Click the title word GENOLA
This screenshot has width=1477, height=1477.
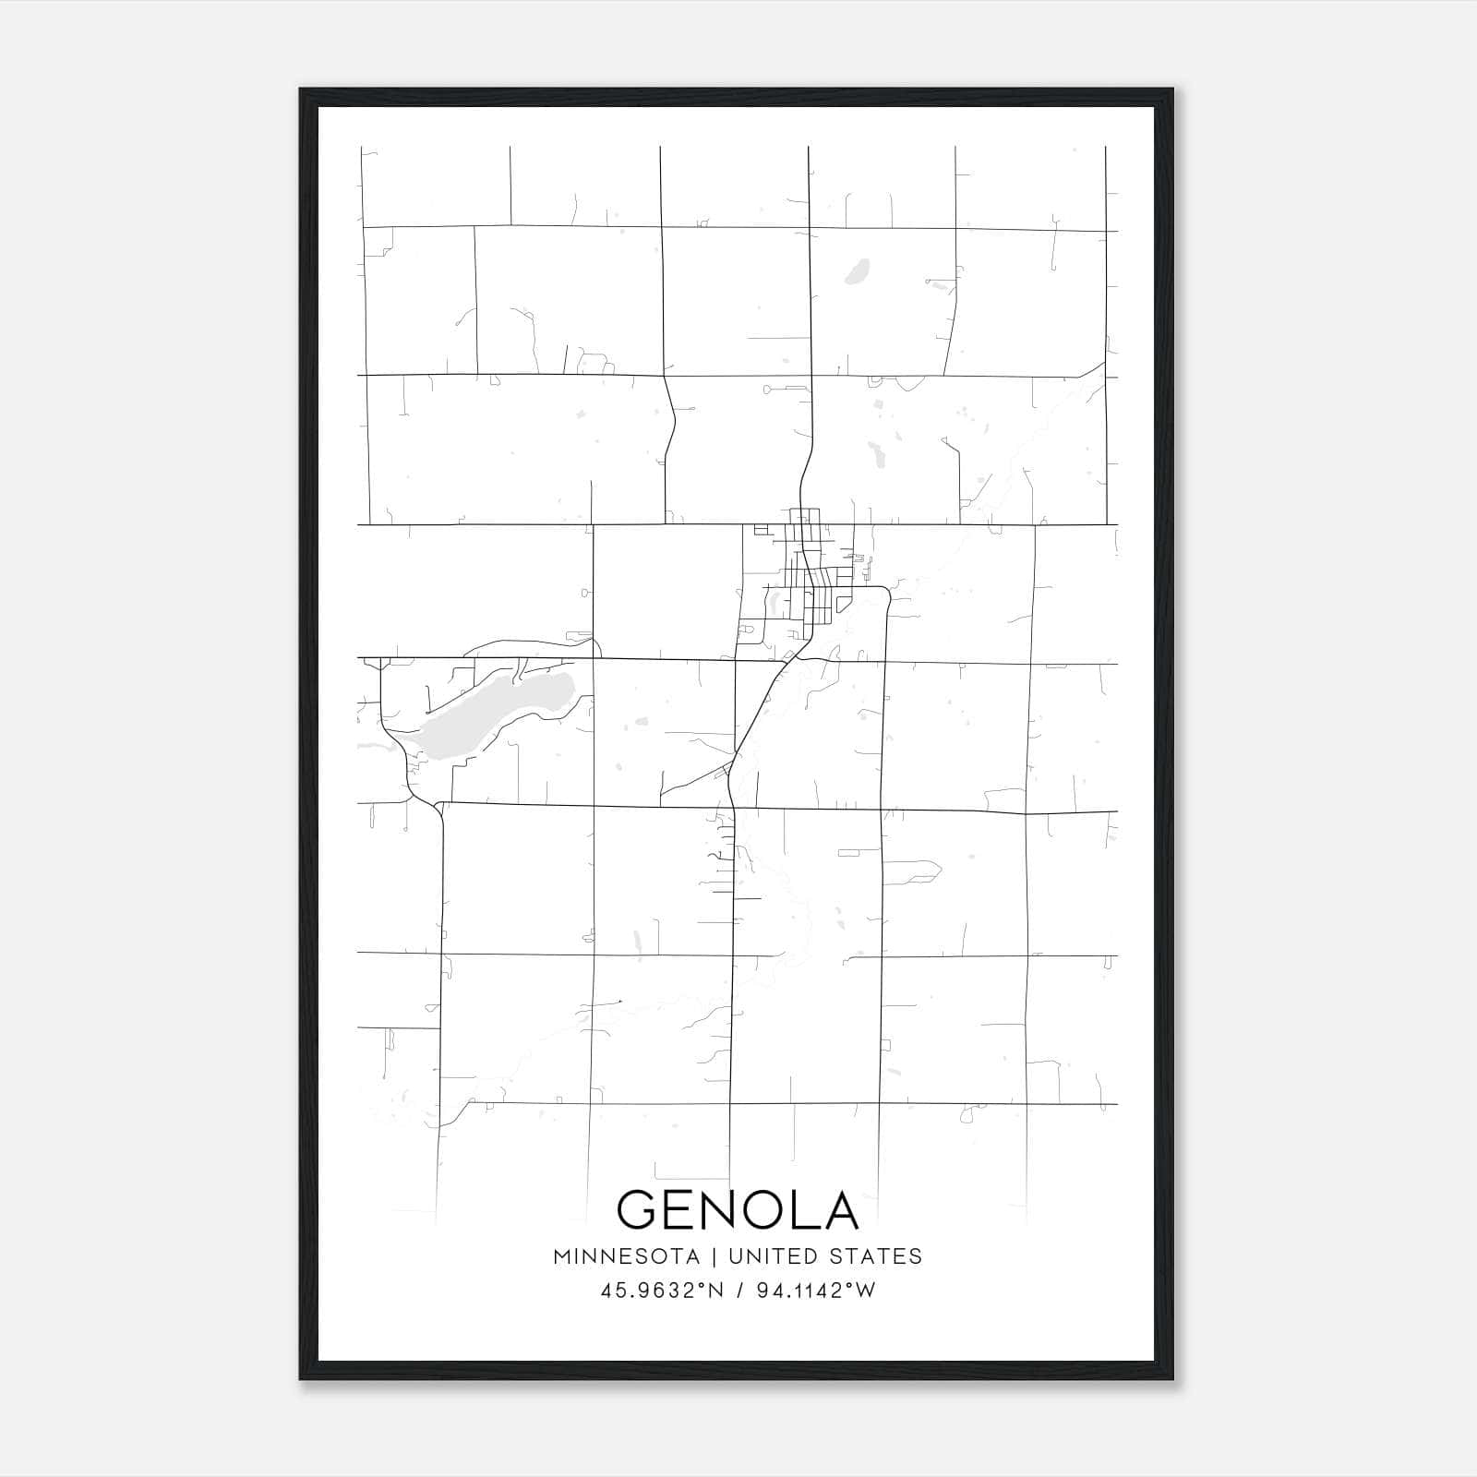click(x=738, y=1210)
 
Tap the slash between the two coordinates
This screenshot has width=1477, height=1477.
click(x=738, y=1291)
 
